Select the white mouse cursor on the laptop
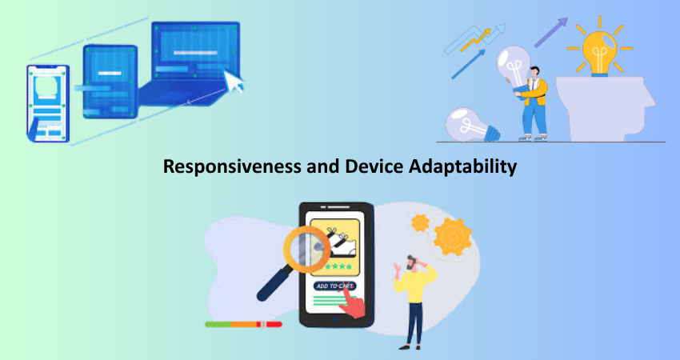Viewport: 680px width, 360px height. pyautogui.click(x=234, y=81)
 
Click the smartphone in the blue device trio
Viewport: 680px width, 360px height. pyautogui.click(x=48, y=104)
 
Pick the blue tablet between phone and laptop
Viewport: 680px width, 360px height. pyautogui.click(x=110, y=81)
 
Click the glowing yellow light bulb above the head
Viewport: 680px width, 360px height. pyautogui.click(x=599, y=54)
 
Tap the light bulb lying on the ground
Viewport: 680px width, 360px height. pyautogui.click(x=472, y=125)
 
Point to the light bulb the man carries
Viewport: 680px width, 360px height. pyautogui.click(x=514, y=68)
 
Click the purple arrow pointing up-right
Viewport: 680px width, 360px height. pyautogui.click(x=551, y=32)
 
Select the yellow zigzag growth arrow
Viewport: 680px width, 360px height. pyautogui.click(x=475, y=40)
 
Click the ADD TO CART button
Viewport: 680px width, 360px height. pyautogui.click(x=334, y=286)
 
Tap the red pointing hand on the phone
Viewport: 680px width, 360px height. pyautogui.click(x=352, y=302)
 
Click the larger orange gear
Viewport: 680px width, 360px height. pyautogui.click(x=452, y=237)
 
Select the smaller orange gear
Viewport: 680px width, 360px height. pyautogui.click(x=420, y=223)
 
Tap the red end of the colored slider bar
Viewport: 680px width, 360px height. pyautogui.click(x=274, y=324)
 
